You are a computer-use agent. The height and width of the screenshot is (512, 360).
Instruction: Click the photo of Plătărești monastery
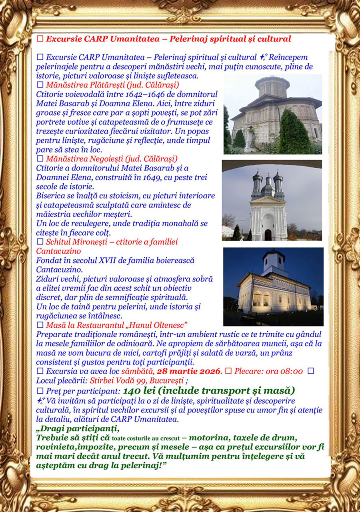pyautogui.click(x=272, y=114)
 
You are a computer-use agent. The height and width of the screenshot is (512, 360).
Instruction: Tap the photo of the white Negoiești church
pyautogui.click(x=272, y=200)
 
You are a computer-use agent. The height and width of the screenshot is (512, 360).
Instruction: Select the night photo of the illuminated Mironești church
pyautogui.click(x=273, y=286)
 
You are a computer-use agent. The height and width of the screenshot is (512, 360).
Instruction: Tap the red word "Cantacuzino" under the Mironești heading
pyautogui.click(x=58, y=251)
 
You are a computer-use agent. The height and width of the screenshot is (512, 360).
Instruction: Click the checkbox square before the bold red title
pyautogui.click(x=40, y=39)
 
